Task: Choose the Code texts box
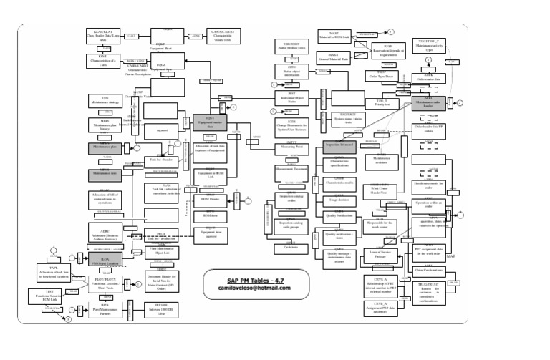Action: coord(291,245)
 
